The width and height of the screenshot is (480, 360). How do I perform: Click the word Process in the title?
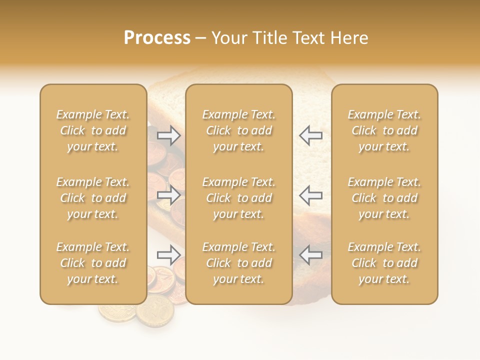pos(157,38)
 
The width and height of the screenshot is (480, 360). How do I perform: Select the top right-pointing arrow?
pos(169,135)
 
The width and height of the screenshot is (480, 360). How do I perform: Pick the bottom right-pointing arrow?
pos(169,255)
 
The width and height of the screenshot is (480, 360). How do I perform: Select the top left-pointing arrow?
pos(310,135)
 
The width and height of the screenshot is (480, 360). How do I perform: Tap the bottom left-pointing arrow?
pos(310,255)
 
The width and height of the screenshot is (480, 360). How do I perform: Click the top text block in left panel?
pos(93,130)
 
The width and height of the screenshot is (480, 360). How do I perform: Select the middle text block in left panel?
pos(93,198)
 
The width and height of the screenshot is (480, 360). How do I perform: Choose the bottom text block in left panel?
pos(93,263)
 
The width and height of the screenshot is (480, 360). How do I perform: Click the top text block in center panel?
pos(238,130)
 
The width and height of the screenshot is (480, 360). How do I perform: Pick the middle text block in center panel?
pos(238,198)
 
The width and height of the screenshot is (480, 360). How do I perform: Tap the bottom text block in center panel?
pos(238,263)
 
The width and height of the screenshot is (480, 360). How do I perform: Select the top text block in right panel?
pos(384,130)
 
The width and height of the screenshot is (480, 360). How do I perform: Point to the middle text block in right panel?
pos(384,198)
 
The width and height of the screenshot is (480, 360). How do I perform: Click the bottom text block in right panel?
pos(384,263)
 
